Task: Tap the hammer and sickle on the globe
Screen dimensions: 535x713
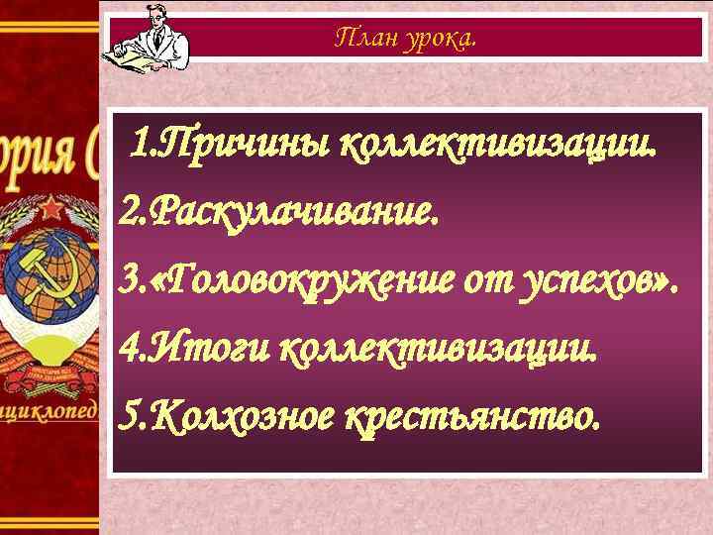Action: click(x=40, y=282)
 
